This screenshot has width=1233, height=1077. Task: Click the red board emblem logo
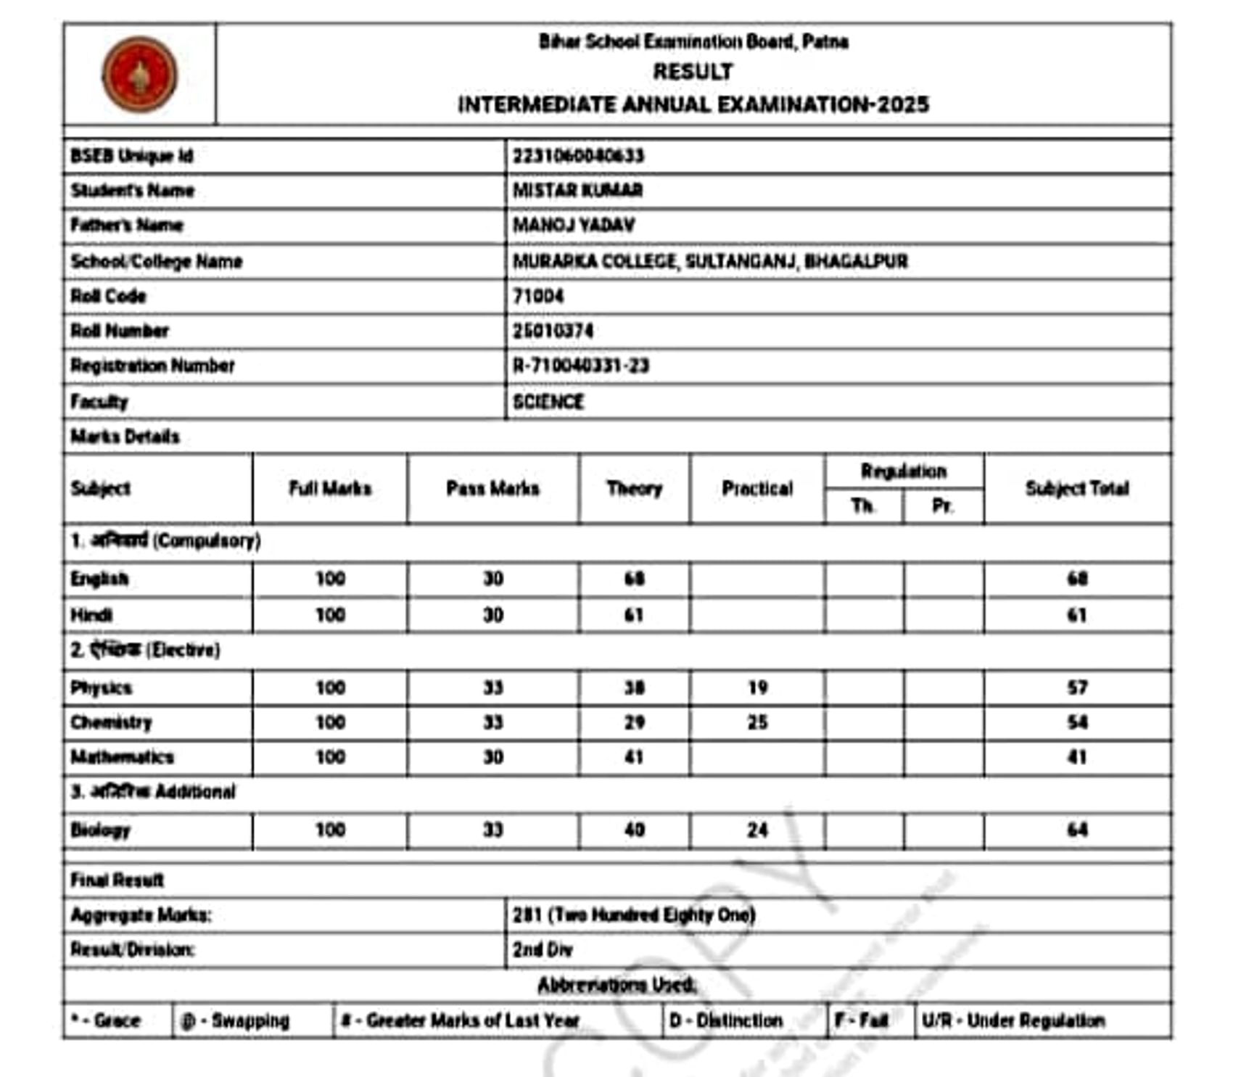140,75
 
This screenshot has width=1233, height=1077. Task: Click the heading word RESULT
693,72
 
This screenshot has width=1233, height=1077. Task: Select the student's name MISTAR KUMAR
577,191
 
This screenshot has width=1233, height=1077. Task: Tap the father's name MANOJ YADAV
574,226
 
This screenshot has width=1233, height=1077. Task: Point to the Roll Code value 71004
538,296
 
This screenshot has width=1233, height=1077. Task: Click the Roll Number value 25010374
553,331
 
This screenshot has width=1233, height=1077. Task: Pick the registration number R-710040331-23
580,366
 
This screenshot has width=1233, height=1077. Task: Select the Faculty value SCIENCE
548,402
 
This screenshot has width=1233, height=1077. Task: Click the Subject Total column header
1077,489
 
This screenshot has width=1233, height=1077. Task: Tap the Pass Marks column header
492,489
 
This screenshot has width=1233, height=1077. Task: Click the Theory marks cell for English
635,579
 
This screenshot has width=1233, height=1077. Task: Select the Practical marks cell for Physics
757,688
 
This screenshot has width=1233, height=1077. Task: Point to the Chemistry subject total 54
1077,722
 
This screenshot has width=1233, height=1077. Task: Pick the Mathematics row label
122,757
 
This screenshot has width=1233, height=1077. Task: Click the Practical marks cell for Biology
757,830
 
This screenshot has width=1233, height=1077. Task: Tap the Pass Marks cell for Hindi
492,615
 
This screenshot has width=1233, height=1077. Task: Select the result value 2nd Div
543,950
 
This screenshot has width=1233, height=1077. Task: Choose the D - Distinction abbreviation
726,1021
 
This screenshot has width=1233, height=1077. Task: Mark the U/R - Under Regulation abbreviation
1013,1021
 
